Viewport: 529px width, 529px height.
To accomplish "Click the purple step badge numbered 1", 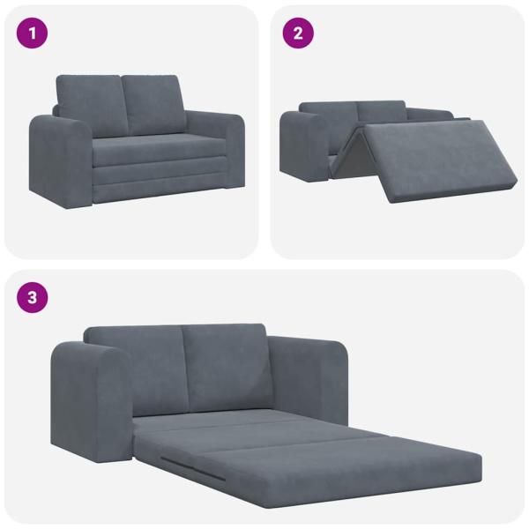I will [x=33, y=34].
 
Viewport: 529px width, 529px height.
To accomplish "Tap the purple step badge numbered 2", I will [x=297, y=34].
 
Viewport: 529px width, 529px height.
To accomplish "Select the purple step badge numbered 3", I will [x=33, y=297].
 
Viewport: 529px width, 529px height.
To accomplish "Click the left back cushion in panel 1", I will [x=88, y=104].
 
